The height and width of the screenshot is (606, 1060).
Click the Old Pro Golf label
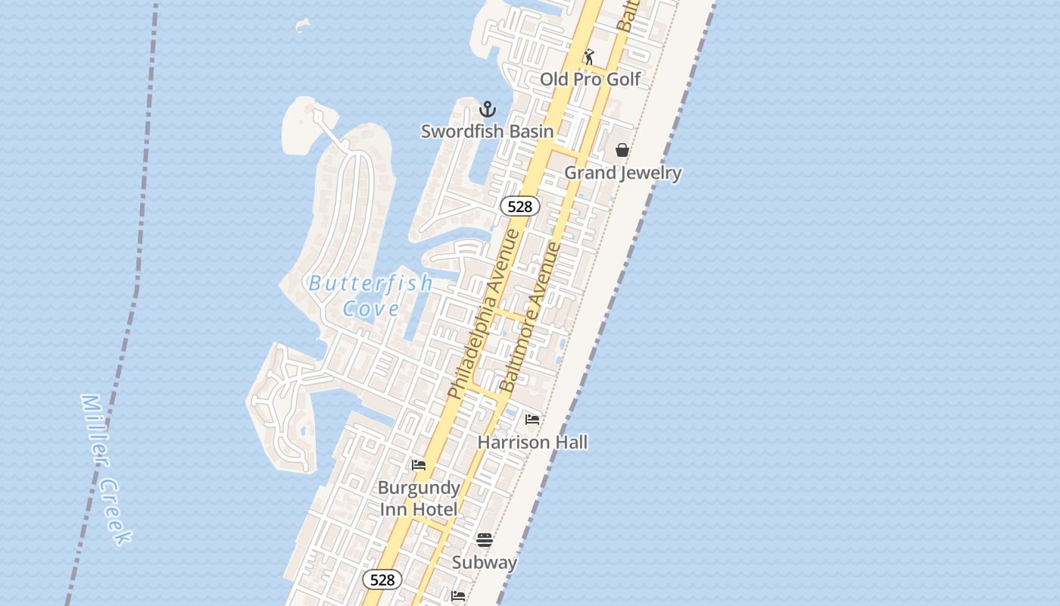pyautogui.click(x=590, y=79)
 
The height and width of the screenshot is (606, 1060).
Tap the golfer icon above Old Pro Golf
pyautogui.click(x=589, y=57)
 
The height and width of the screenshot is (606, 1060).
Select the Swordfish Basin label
pyautogui.click(x=487, y=131)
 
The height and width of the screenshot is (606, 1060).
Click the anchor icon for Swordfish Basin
pyautogui.click(x=488, y=109)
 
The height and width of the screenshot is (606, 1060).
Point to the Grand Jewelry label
pyautogui.click(x=622, y=173)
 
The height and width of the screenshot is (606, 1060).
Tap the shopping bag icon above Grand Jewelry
pyautogui.click(x=622, y=150)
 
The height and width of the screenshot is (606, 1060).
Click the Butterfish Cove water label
pyautogui.click(x=371, y=295)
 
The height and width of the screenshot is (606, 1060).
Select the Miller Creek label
pyautogui.click(x=106, y=470)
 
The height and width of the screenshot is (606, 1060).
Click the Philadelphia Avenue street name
pyautogui.click(x=484, y=314)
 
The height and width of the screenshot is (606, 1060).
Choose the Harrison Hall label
pyautogui.click(x=532, y=442)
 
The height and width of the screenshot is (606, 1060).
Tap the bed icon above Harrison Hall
pyautogui.click(x=532, y=420)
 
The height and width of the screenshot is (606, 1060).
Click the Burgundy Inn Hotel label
pyautogui.click(x=419, y=498)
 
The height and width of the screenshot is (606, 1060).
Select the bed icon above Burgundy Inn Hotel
pyautogui.click(x=419, y=465)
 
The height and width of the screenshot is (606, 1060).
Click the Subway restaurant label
pyautogui.click(x=484, y=562)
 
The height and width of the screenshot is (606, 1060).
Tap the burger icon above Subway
pyautogui.click(x=485, y=540)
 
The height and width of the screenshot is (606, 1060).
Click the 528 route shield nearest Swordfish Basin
pyautogui.click(x=520, y=206)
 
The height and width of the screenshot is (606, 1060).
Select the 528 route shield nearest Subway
pyautogui.click(x=382, y=579)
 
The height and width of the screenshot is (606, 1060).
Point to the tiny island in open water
pyautogui.click(x=303, y=26)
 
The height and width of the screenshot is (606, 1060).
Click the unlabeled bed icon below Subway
pyautogui.click(x=458, y=596)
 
